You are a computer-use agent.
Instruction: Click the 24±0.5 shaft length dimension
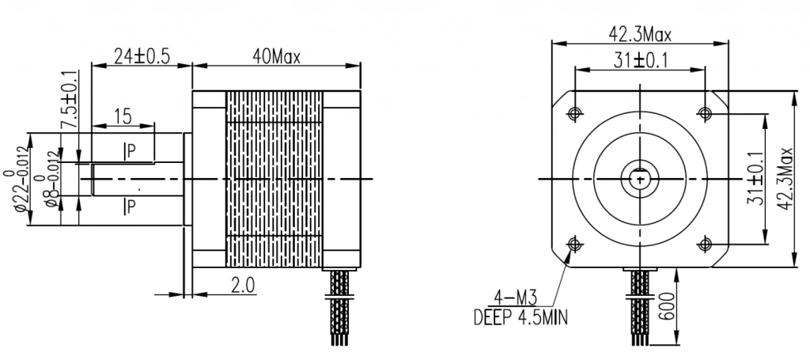pyautogui.click(x=142, y=56)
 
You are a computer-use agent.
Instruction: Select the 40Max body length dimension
pyautogui.click(x=276, y=56)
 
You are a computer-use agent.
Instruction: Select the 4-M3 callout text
pyautogui.click(x=516, y=298)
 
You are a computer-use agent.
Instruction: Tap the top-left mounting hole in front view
pyautogui.click(x=573, y=112)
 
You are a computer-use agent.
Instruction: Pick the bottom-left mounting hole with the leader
pyautogui.click(x=573, y=243)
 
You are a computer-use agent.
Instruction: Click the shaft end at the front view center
pyautogui.click(x=639, y=178)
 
